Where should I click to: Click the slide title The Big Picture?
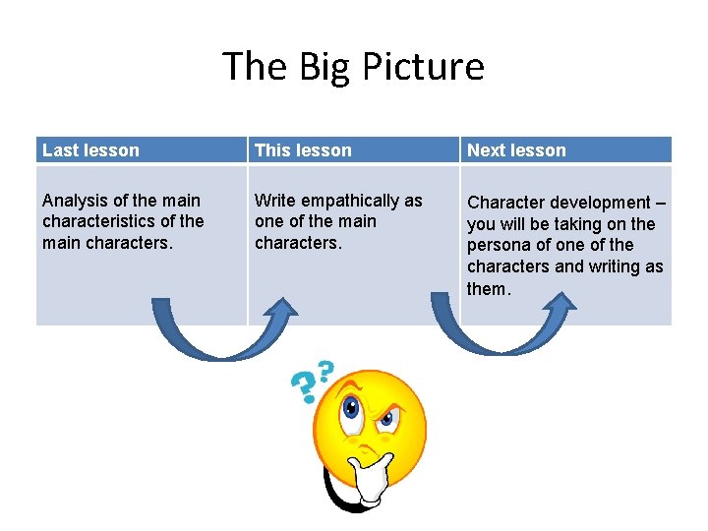click(x=353, y=67)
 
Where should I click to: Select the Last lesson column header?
click(x=90, y=150)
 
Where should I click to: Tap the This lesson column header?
click(x=303, y=150)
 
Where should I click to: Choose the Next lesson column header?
click(x=516, y=150)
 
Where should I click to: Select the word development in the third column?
click(x=599, y=203)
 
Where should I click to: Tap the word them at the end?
click(x=488, y=288)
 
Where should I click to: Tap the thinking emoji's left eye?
click(x=350, y=408)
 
